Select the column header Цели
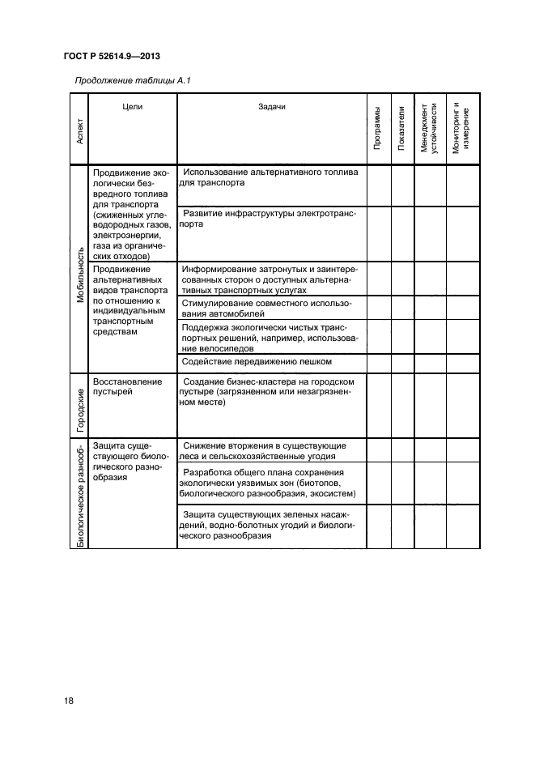(x=132, y=106)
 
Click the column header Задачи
(x=272, y=106)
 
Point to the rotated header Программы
(x=377, y=128)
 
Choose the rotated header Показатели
(x=401, y=127)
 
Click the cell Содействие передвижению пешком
(x=257, y=362)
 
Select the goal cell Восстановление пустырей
(x=128, y=386)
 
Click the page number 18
(x=69, y=701)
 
